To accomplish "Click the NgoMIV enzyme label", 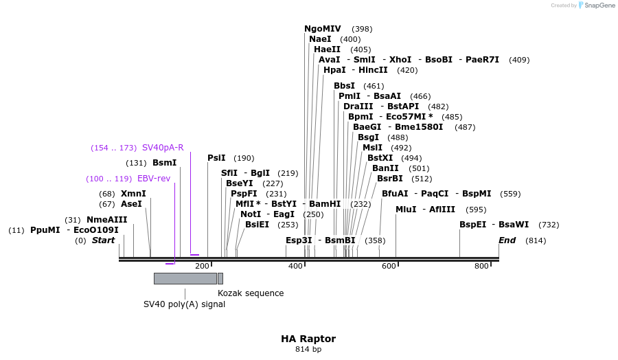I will pyautogui.click(x=323, y=29).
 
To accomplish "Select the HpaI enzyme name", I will pyautogui.click(x=334, y=70).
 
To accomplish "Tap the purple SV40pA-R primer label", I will pyautogui.click(x=163, y=148).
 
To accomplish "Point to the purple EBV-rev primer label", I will pyautogui.click(x=154, y=179).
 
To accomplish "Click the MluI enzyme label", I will pyautogui.click(x=406, y=210).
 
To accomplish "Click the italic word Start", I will pyautogui.click(x=104, y=240).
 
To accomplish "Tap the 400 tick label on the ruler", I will pyautogui.click(x=295, y=266).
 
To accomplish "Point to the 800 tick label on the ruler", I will pyautogui.click(x=482, y=266).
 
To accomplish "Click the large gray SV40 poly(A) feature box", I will pyautogui.click(x=185, y=278).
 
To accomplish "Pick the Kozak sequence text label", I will pyautogui.click(x=251, y=293).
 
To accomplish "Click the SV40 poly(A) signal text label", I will pyautogui.click(x=184, y=304).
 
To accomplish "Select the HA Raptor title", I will pyautogui.click(x=308, y=339).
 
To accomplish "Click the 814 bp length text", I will pyautogui.click(x=308, y=350).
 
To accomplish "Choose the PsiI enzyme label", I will pyautogui.click(x=216, y=158).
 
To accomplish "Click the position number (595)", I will pyautogui.click(x=476, y=210).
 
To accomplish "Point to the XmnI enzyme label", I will pyautogui.click(x=133, y=194).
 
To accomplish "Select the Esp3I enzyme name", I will pyautogui.click(x=299, y=240).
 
